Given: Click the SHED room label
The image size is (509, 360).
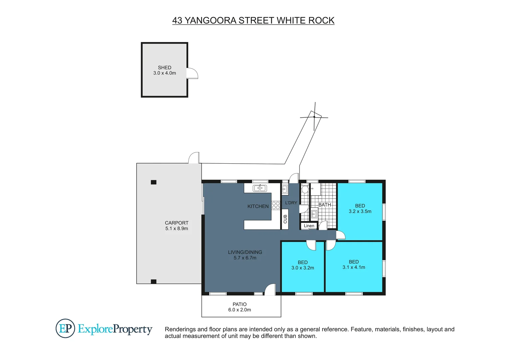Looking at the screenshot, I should pyautogui.click(x=165, y=68).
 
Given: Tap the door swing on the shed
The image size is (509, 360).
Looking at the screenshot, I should pyautogui.click(x=193, y=73).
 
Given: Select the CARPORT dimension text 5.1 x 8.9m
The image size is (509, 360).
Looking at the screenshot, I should pyautogui.click(x=177, y=229).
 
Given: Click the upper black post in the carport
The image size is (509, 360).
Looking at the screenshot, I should pyautogui.click(x=154, y=182).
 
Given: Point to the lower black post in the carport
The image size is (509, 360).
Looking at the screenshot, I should pyautogui.click(x=154, y=282).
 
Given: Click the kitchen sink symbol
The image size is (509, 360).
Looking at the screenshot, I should pyautogui.click(x=260, y=188).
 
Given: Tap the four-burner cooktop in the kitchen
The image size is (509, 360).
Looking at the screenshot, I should pyautogui.click(x=276, y=205).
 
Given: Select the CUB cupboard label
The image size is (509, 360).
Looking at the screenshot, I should pyautogui.click(x=285, y=219).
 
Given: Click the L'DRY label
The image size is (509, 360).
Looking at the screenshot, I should pyautogui.click(x=291, y=203).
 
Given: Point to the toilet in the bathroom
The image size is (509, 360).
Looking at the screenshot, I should pyautogui.click(x=305, y=189).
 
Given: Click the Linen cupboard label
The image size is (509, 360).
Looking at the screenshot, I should pyautogui.click(x=309, y=226).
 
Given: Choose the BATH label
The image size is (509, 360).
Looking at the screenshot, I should pyautogui.click(x=325, y=205).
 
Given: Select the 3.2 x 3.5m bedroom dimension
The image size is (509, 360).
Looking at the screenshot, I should pyautogui.click(x=360, y=211).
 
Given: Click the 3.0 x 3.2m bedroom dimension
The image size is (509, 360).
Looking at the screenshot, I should pyautogui.click(x=303, y=268).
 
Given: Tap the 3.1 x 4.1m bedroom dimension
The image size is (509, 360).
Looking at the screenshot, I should pyautogui.click(x=354, y=267).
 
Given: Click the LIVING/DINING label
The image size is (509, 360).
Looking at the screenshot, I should pyautogui.click(x=245, y=252).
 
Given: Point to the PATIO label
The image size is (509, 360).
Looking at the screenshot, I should pyautogui.click(x=240, y=304).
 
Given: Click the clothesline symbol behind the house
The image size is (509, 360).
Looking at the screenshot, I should pyautogui.click(x=314, y=117).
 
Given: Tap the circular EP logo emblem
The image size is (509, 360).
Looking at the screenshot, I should pyautogui.click(x=65, y=329).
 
